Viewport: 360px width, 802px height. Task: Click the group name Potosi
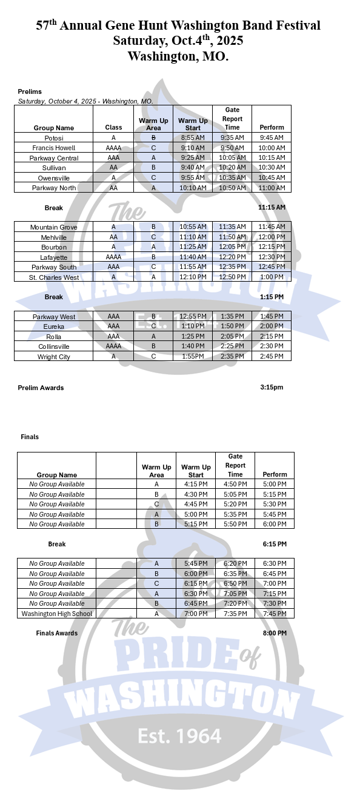[54, 138]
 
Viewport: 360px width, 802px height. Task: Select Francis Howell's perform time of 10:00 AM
[272, 148]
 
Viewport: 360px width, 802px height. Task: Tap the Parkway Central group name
[54, 157]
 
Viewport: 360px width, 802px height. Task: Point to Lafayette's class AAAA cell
[113, 257]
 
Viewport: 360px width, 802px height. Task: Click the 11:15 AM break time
[271, 207]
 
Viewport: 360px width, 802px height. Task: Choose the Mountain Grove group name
[54, 227]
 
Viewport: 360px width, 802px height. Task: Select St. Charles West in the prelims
[54, 277]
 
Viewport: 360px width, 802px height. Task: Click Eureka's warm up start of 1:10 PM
[193, 326]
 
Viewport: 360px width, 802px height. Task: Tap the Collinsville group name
[54, 346]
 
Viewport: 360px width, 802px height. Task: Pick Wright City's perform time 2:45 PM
[272, 356]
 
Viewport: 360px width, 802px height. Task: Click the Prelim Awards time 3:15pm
[272, 387]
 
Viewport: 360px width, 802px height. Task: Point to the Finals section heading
[30, 436]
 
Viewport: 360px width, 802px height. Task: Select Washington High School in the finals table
[57, 614]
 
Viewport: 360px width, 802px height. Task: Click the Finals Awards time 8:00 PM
[275, 633]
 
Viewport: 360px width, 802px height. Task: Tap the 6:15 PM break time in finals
[275, 544]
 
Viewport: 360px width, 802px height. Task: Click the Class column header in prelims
[113, 127]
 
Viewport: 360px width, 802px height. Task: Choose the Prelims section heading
[30, 91]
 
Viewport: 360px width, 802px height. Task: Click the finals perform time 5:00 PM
[275, 484]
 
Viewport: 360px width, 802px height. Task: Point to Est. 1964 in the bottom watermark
[179, 736]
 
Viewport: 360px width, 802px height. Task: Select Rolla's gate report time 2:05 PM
[232, 336]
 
